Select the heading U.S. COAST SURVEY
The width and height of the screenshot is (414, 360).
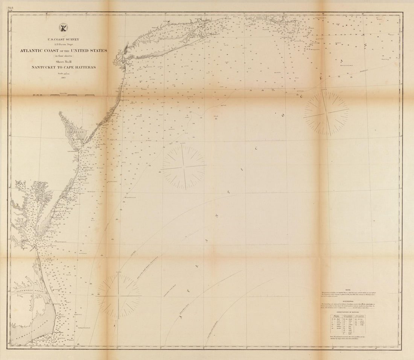coord(61,39)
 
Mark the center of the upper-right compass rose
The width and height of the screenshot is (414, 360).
coord(327,112)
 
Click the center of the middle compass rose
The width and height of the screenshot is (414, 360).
coord(184,167)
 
